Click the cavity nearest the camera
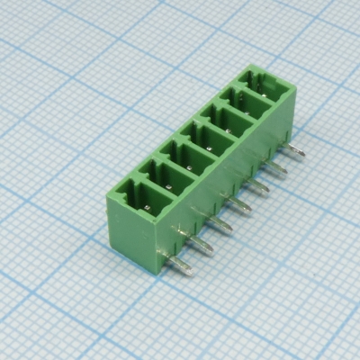[x=147, y=199]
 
